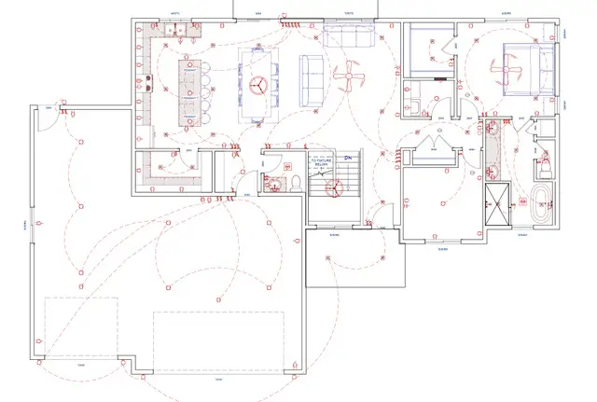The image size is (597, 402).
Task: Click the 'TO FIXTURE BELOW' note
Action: pyautogui.click(x=322, y=164)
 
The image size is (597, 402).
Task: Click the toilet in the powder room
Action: pyautogui.click(x=293, y=182)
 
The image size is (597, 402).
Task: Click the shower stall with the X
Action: pyautogui.click(x=499, y=201)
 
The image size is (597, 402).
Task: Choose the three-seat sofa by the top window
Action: pyautogui.click(x=348, y=37)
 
